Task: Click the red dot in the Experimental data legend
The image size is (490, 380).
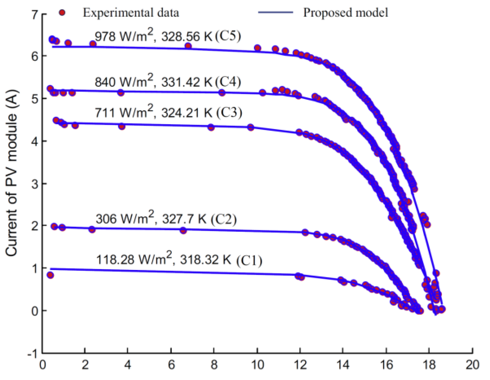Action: (x=62, y=12)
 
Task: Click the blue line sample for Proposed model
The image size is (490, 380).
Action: (x=275, y=12)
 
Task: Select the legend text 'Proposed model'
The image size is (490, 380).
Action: (x=345, y=12)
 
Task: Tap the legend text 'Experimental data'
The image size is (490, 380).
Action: (x=131, y=13)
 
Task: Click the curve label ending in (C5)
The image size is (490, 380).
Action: (x=167, y=36)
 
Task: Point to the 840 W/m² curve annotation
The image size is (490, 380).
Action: (x=167, y=82)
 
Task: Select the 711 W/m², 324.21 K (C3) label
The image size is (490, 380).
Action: (x=168, y=112)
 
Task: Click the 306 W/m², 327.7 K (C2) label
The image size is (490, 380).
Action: (x=166, y=218)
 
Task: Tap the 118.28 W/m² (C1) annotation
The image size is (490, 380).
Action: (x=179, y=260)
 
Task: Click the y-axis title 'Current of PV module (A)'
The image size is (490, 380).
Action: (x=11, y=173)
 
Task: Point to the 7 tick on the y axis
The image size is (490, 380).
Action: (x=35, y=14)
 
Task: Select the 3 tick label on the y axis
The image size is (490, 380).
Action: (x=35, y=184)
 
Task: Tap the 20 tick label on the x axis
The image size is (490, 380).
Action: (x=472, y=365)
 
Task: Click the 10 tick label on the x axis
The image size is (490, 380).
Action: (x=257, y=365)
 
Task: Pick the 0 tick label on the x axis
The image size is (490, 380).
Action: (x=43, y=365)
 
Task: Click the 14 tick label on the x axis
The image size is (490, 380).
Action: (x=343, y=365)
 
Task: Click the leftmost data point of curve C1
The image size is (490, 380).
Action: (x=50, y=275)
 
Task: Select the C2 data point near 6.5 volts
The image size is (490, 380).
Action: (x=183, y=230)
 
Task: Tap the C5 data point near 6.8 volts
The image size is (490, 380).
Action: (x=188, y=46)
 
